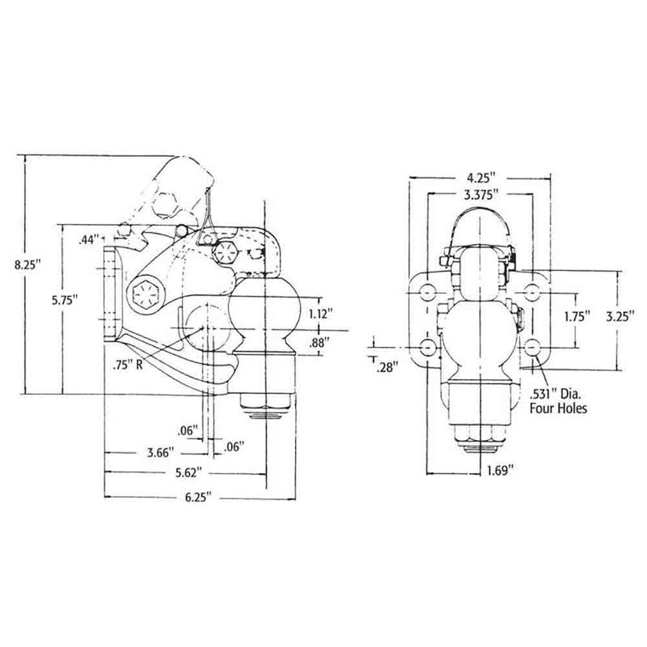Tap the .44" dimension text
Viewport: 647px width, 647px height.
pos(89,240)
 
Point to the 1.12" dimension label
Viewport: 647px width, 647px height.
pos(319,312)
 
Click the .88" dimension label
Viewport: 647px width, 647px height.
pos(319,343)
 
